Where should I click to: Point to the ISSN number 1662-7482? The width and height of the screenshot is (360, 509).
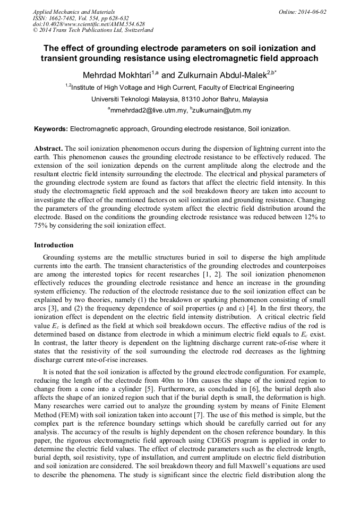pos(67,18)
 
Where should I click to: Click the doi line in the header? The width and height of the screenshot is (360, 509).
pos(89,24)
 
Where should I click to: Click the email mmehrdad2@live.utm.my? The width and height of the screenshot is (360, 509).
pos(149,111)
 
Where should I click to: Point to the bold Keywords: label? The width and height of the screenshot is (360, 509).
pos(51,129)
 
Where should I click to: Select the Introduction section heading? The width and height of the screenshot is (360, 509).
pos(54,245)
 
